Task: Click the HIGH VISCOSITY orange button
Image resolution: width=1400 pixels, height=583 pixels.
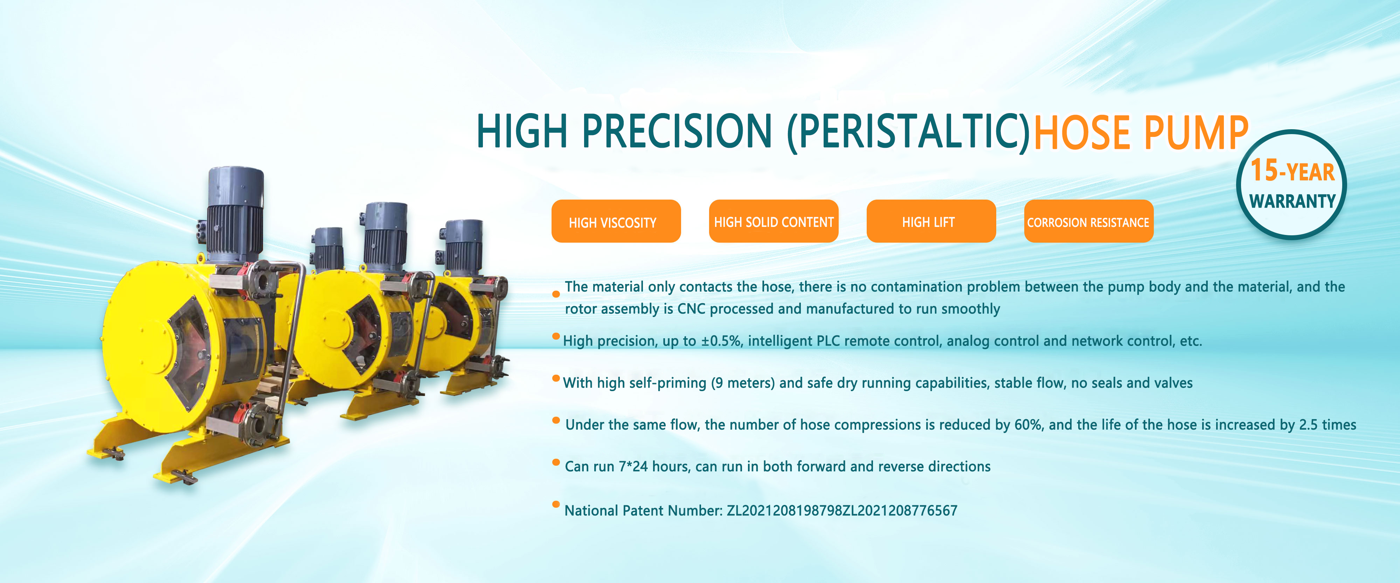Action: (x=616, y=221)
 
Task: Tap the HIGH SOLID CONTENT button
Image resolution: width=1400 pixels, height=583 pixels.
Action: (x=774, y=221)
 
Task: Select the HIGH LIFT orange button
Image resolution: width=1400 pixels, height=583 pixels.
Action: (x=931, y=221)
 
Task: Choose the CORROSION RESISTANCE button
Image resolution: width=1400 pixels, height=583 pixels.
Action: (x=1089, y=221)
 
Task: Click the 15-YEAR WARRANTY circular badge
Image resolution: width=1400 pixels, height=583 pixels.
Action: (x=1291, y=185)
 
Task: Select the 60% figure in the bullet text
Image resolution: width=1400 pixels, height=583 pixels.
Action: (x=1028, y=425)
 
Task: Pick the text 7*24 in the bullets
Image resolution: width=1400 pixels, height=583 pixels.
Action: (x=633, y=467)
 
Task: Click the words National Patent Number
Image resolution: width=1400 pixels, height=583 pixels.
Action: (x=644, y=511)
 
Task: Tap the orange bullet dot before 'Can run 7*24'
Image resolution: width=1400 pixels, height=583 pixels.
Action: (x=556, y=463)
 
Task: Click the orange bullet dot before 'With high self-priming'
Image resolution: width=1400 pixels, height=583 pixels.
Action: (x=556, y=378)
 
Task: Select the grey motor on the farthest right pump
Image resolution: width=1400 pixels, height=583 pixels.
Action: (x=462, y=247)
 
